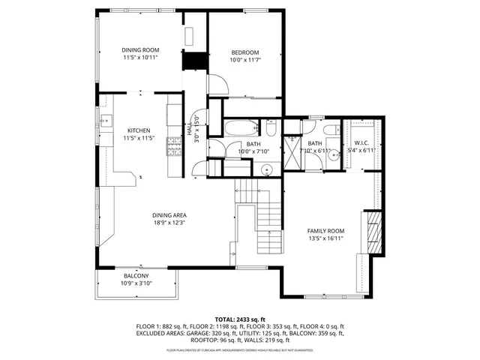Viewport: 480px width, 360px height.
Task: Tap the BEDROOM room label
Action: click(x=244, y=52)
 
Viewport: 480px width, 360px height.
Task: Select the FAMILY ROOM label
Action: click(x=325, y=231)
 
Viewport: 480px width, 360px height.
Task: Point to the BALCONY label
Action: click(x=136, y=276)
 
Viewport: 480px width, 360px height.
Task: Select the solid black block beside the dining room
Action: click(x=194, y=61)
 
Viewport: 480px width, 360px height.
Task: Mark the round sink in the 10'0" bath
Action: click(x=266, y=168)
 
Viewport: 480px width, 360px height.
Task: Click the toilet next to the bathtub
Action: click(x=270, y=127)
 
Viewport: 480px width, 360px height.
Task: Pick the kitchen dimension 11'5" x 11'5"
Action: click(x=139, y=138)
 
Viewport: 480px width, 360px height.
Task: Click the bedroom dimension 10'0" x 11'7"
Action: click(x=244, y=59)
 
